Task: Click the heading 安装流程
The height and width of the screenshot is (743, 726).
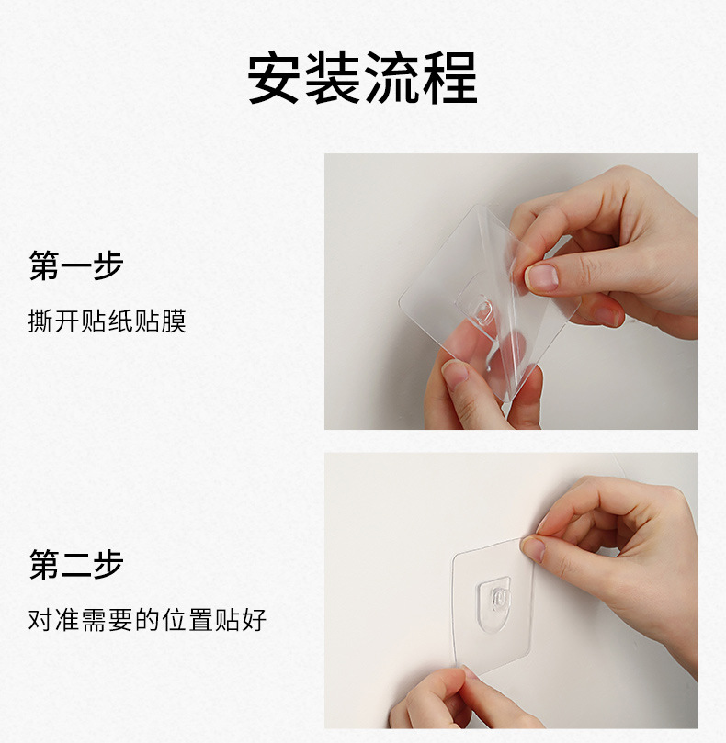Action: tap(363, 78)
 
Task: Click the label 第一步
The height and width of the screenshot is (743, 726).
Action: tap(76, 265)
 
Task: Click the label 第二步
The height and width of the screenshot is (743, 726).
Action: tap(76, 564)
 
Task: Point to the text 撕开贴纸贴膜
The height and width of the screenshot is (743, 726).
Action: tap(108, 321)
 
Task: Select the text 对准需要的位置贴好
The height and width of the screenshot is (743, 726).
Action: tap(147, 620)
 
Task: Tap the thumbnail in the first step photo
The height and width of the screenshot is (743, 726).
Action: tap(541, 277)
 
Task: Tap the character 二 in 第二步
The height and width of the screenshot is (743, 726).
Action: tap(76, 564)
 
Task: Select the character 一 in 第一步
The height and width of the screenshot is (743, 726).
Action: tap(76, 265)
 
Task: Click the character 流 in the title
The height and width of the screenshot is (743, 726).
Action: tap(391, 78)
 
